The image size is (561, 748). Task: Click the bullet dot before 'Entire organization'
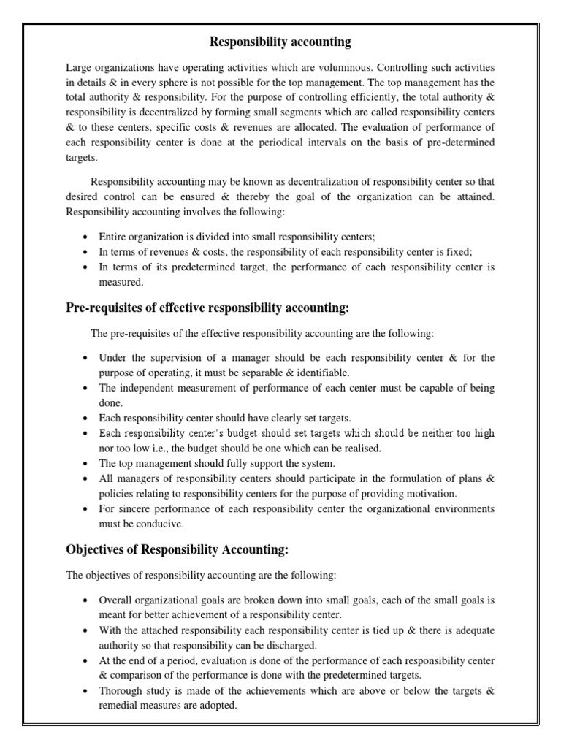click(x=86, y=237)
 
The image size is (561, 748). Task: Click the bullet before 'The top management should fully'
click(x=86, y=463)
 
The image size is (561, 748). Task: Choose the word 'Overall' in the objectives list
click(x=115, y=600)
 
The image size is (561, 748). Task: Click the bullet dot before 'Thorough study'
click(x=86, y=691)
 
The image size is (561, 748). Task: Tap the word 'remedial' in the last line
click(x=118, y=706)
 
